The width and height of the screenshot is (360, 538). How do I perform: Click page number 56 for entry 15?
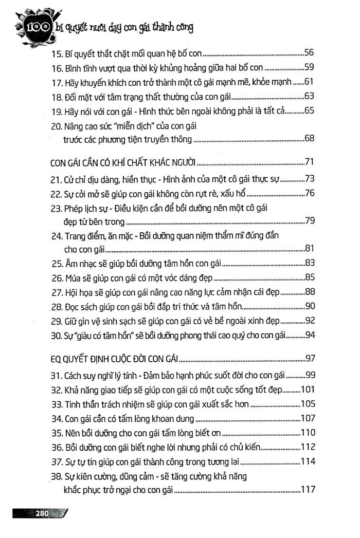309,52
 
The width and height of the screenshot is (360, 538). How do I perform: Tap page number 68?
309,138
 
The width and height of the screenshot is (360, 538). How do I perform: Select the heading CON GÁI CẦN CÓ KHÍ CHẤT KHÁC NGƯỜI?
123,163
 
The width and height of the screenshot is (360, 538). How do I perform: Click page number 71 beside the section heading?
309,163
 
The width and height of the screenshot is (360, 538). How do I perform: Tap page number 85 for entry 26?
309,278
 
